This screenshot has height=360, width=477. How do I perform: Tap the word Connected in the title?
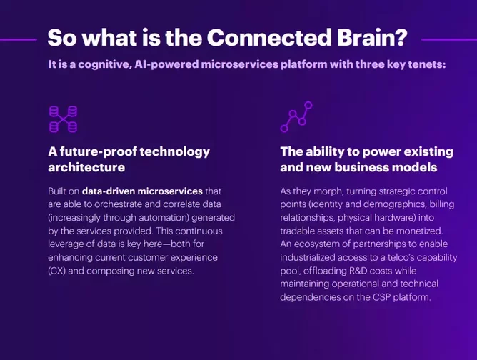[x=269, y=37]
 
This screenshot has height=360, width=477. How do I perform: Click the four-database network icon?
[x=64, y=119]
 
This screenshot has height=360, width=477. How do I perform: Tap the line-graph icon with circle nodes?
[x=296, y=117]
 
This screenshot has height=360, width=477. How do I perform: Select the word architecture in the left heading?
[x=86, y=167]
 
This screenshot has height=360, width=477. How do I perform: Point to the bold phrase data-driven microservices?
[x=142, y=191]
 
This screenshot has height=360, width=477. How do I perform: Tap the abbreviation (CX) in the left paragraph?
[x=56, y=271]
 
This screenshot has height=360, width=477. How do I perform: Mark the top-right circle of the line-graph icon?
[x=308, y=105]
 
